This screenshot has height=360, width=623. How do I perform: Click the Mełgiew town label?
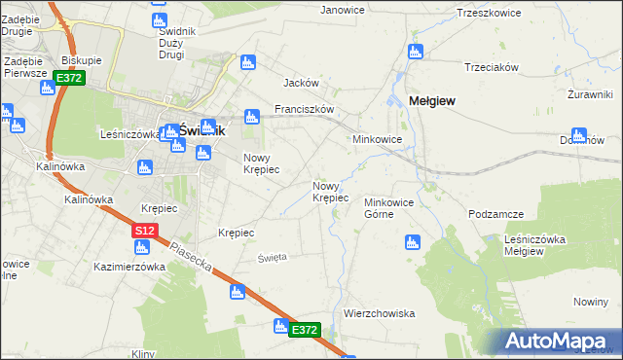tap(433, 100)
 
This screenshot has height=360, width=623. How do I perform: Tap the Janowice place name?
tap(342, 10)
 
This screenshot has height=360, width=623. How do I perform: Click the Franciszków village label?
tap(305, 110)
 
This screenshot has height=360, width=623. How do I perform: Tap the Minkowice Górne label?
tap(390, 208)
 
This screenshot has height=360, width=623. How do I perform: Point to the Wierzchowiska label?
tap(380, 313)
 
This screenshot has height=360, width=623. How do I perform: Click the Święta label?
tap(272, 257)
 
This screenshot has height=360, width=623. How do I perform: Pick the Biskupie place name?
tap(82, 59)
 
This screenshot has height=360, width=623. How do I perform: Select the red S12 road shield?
tap(144, 231)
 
